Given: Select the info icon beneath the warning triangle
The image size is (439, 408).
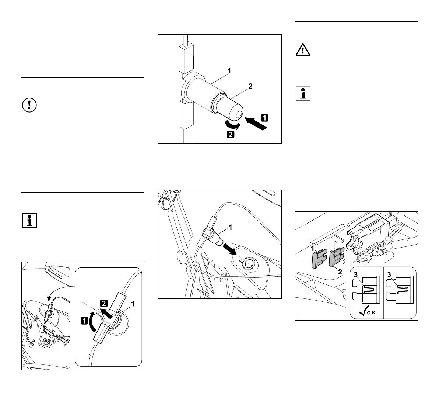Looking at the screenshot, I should coord(303,94).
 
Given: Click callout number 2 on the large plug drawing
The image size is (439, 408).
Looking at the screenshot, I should coord(250,86).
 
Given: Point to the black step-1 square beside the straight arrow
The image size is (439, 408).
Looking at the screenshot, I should coord(264,118).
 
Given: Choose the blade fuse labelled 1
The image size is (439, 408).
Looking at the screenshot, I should coord(316,259).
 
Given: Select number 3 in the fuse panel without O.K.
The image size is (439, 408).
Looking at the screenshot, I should coord(389,274).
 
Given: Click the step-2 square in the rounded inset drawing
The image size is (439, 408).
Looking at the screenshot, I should coord(104,304).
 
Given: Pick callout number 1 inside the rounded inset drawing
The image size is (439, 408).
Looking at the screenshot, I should coord(133,304).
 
